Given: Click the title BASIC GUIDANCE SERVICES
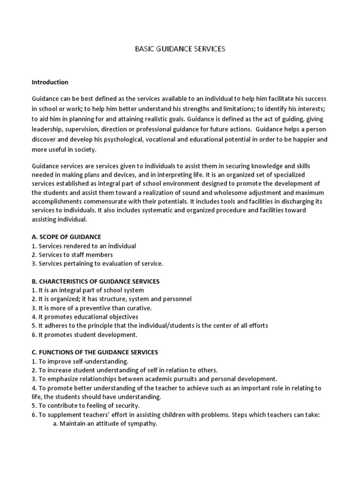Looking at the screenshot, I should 180,49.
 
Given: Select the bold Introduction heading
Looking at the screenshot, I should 50,82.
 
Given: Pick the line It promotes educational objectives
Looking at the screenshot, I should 85,317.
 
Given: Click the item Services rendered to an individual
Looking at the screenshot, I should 84,246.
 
